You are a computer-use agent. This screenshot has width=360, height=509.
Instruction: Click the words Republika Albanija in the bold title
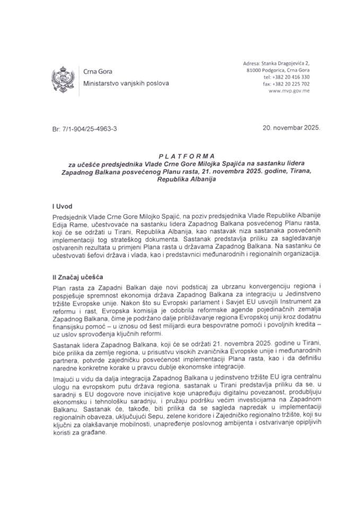pos(180,179)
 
